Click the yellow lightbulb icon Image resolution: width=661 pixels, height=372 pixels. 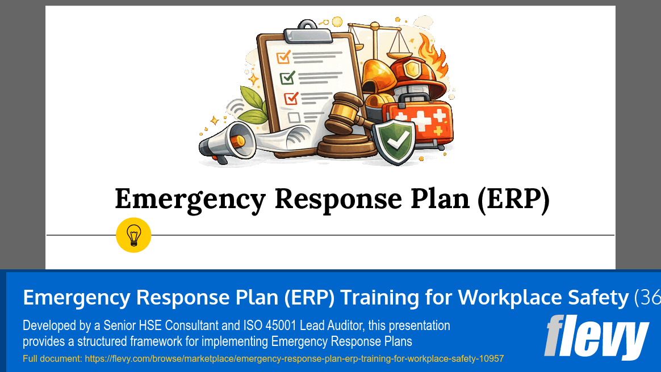[x=133, y=235]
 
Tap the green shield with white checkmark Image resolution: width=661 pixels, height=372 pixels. [x=397, y=141]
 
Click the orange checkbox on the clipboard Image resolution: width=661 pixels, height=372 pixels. [x=283, y=57]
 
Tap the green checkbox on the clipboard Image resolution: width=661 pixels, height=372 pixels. [x=287, y=77]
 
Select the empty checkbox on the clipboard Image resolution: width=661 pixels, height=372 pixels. [x=294, y=117]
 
